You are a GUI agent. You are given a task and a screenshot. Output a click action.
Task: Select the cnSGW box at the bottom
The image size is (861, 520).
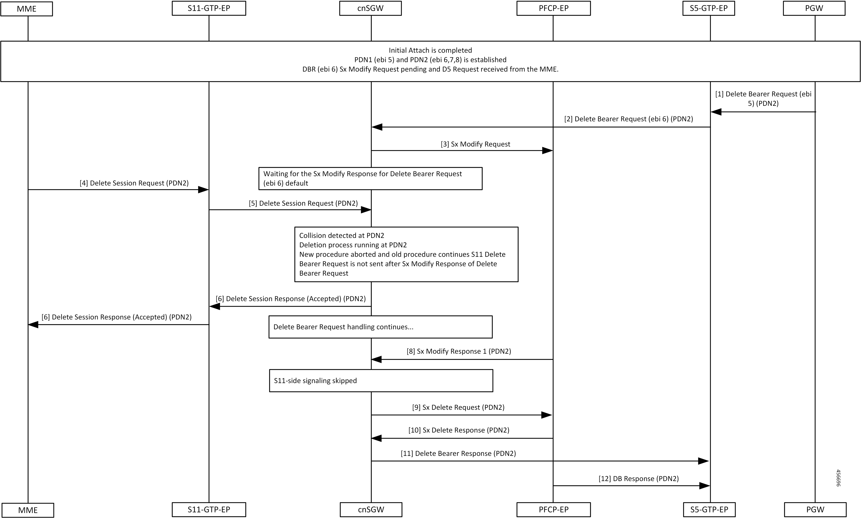(371, 509)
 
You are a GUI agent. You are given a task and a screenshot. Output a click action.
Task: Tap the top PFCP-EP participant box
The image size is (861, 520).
(553, 8)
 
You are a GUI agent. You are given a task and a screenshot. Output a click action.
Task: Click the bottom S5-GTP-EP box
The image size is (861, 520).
(709, 509)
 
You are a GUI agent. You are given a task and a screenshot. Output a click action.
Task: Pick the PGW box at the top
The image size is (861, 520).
(814, 8)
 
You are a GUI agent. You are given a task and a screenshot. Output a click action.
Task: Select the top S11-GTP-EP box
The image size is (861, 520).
(209, 8)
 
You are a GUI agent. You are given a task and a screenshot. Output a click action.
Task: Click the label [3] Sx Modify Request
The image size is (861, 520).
(476, 144)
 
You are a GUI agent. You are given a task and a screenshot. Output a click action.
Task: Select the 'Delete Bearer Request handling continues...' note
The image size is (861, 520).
(381, 327)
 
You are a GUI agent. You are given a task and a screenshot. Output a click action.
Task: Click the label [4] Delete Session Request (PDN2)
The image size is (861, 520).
(134, 183)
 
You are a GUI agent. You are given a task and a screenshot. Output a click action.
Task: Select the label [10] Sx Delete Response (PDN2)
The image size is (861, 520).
(459, 430)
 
